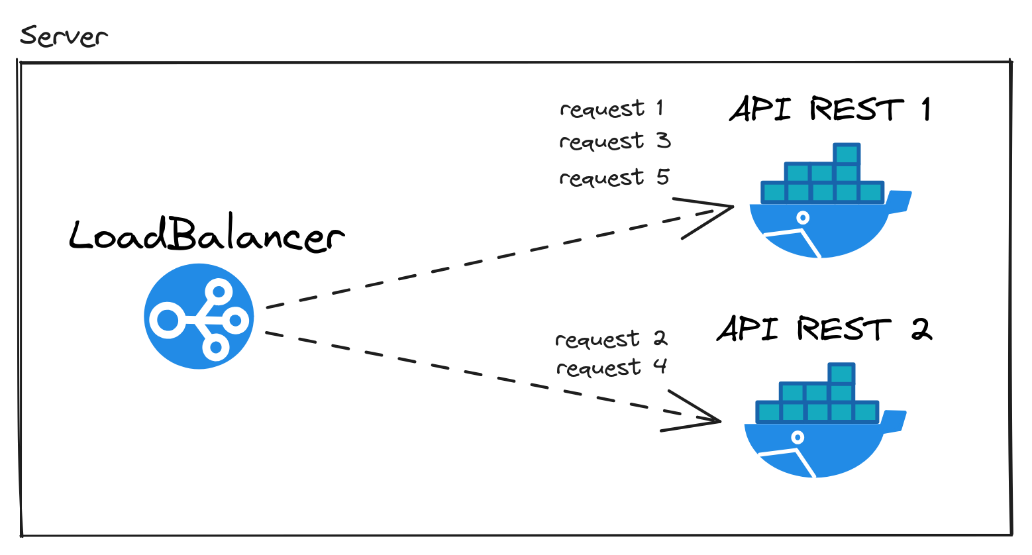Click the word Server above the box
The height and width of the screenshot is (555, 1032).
64,36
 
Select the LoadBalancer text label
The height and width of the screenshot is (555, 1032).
207,236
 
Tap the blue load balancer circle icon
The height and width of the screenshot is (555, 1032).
199,316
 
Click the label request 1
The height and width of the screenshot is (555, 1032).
611,109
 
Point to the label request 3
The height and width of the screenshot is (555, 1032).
615,142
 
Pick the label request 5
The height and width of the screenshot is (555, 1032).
614,177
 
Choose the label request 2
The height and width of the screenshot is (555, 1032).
611,339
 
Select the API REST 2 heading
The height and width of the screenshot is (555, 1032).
824,328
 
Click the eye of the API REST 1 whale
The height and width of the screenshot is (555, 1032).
803,217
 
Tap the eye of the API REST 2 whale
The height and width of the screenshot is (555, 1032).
798,437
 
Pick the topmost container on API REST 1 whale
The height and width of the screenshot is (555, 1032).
847,154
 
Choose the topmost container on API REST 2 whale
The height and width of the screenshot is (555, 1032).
842,374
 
